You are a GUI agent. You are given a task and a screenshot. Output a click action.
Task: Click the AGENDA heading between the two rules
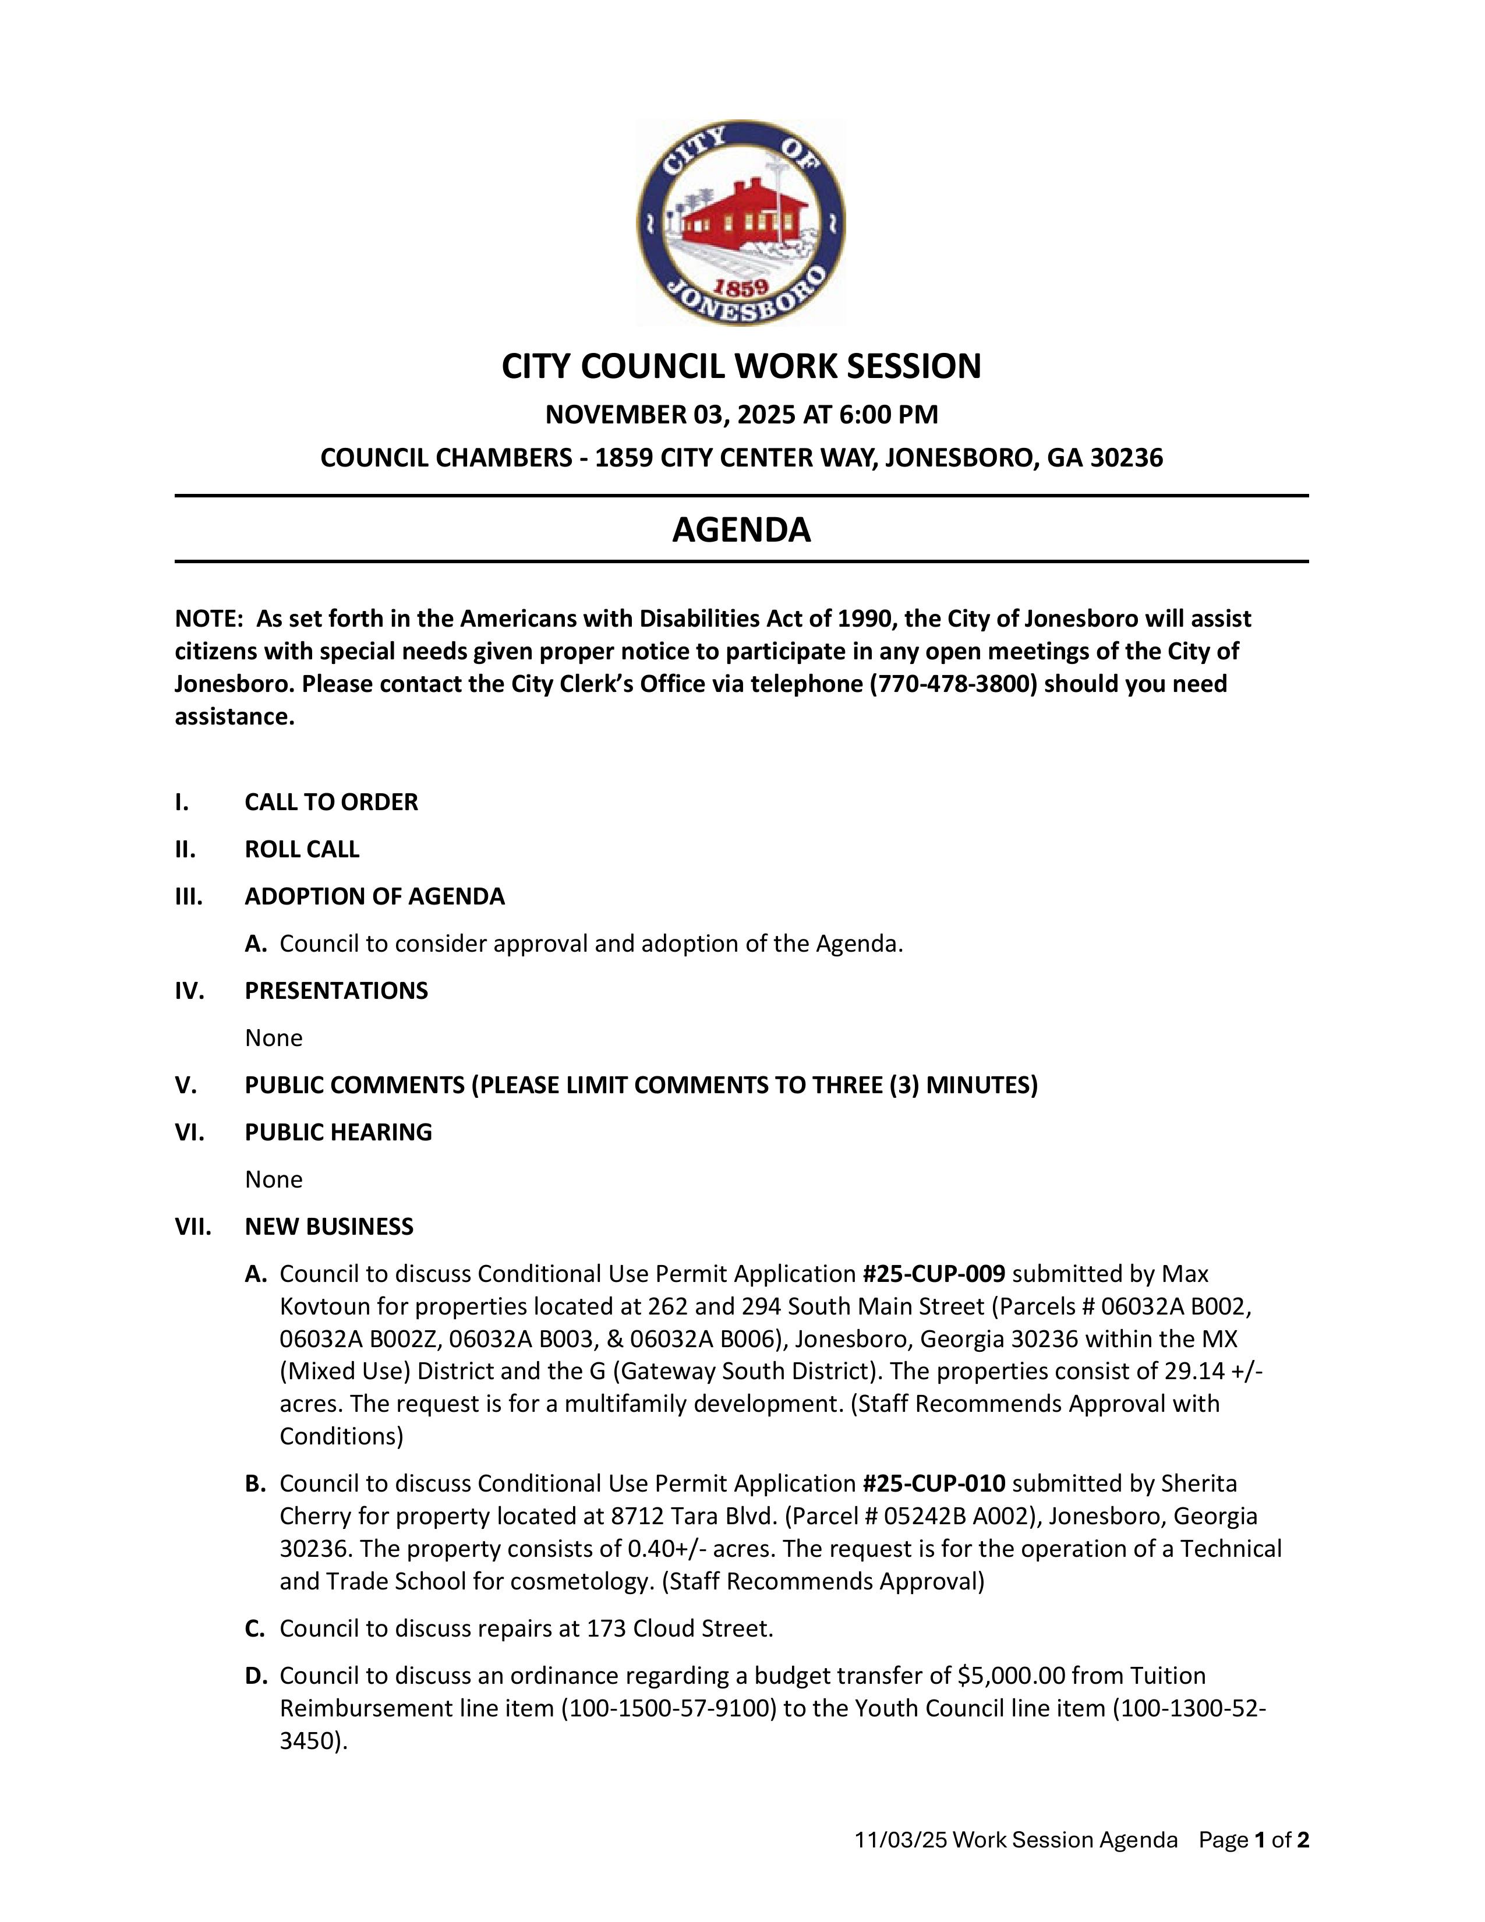point(741,530)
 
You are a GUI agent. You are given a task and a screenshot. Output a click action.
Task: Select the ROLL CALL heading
point(302,849)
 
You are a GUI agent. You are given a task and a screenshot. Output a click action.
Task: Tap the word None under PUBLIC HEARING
point(274,1179)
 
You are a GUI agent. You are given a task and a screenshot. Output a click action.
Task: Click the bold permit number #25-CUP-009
point(934,1274)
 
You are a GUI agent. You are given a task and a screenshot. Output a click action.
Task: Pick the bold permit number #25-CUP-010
point(934,1484)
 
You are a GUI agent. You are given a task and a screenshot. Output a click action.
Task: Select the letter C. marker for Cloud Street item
point(255,1629)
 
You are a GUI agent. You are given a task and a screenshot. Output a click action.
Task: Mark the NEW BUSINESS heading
point(329,1227)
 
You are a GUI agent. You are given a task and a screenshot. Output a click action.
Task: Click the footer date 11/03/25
point(900,1839)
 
